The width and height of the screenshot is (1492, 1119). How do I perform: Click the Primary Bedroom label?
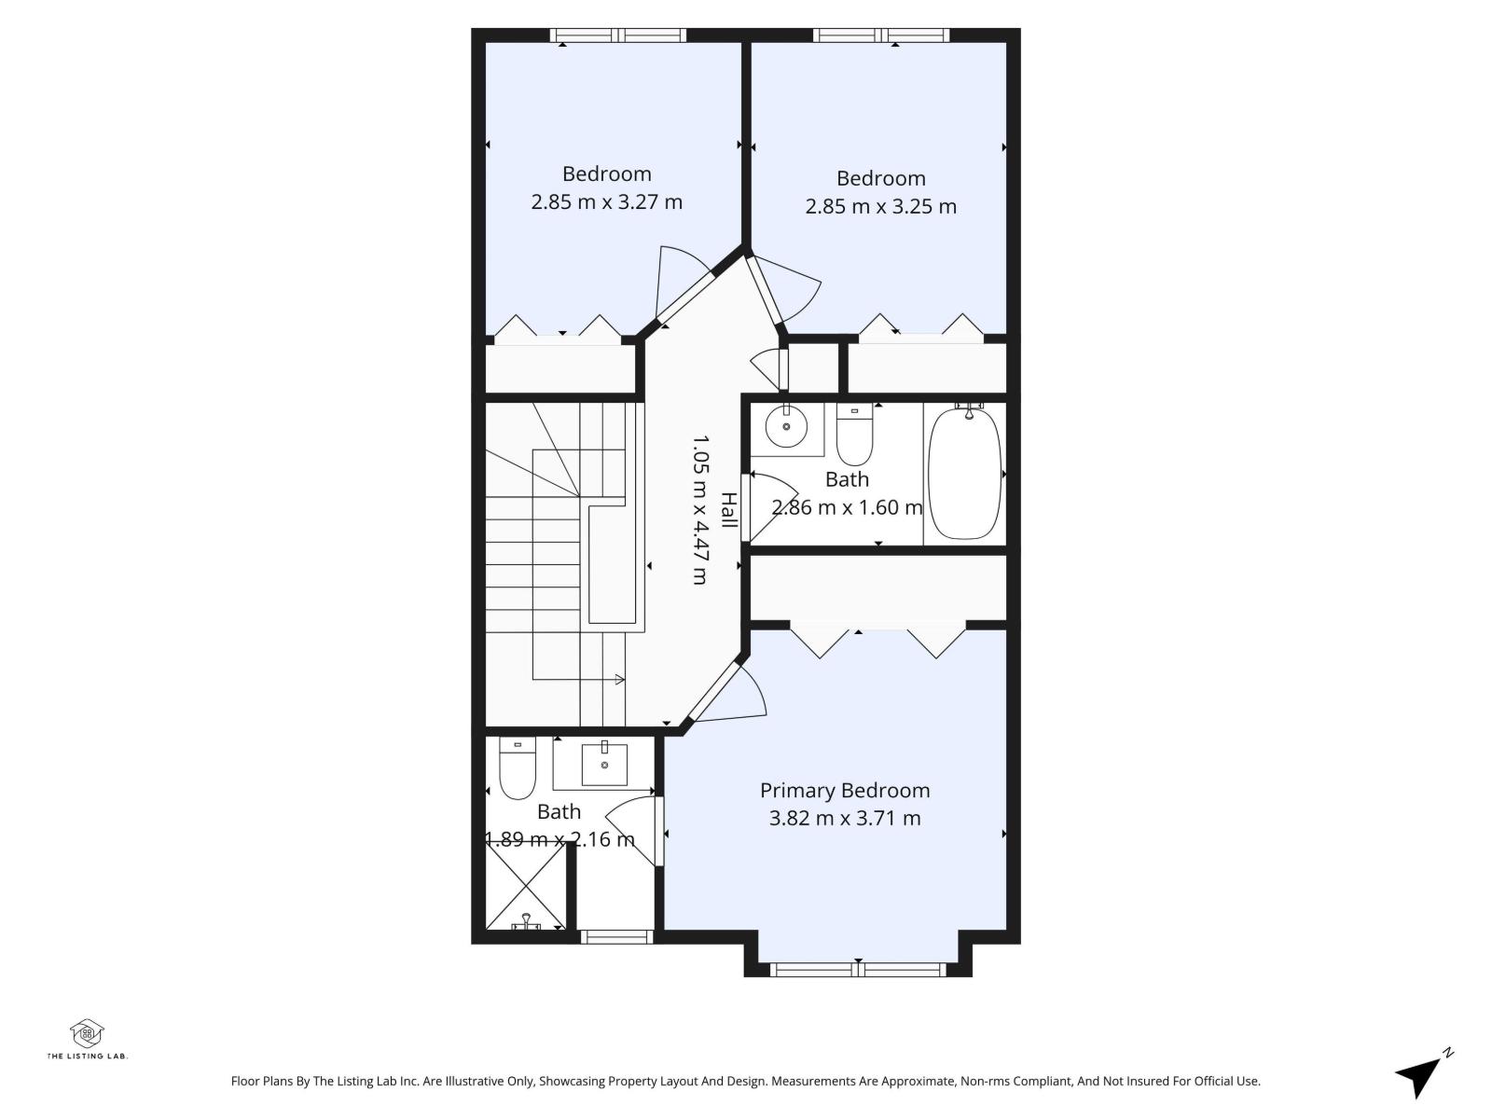(x=845, y=791)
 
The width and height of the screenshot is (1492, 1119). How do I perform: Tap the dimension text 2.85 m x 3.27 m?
(x=606, y=201)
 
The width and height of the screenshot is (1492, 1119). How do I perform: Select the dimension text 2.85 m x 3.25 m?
(x=880, y=206)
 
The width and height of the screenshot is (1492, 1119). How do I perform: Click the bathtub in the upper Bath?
(x=964, y=473)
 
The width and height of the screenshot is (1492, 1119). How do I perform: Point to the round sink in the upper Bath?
(x=787, y=427)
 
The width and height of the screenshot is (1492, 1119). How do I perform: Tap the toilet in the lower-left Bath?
(x=517, y=771)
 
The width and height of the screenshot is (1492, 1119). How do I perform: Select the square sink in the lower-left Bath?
(x=604, y=765)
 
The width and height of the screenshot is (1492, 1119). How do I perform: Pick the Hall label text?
(x=728, y=511)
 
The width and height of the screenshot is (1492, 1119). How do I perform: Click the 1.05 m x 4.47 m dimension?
(x=700, y=509)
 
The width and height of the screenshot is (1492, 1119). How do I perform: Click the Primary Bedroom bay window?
(x=858, y=970)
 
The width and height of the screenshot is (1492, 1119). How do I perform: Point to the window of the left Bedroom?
(x=617, y=35)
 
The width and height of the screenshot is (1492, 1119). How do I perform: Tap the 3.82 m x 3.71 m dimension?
(x=845, y=819)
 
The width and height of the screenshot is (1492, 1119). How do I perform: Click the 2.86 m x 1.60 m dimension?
(x=847, y=507)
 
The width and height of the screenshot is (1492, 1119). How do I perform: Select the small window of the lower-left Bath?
(x=615, y=936)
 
